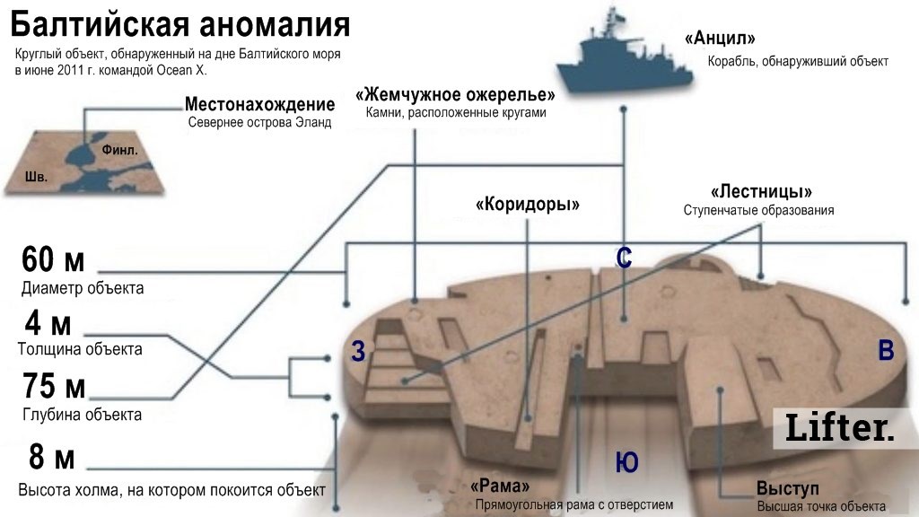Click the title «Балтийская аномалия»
179,24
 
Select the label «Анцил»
720,39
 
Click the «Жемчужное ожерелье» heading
455,95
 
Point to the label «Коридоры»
528,204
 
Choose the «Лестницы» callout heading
760,192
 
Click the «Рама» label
505,486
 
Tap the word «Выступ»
787,489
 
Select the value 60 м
53,261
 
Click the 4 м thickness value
48,322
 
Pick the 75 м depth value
53,388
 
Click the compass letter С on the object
625,258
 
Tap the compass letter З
358,353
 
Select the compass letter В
886,351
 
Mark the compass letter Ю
626,463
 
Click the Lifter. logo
840,427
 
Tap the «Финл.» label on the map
125,151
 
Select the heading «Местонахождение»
259,105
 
